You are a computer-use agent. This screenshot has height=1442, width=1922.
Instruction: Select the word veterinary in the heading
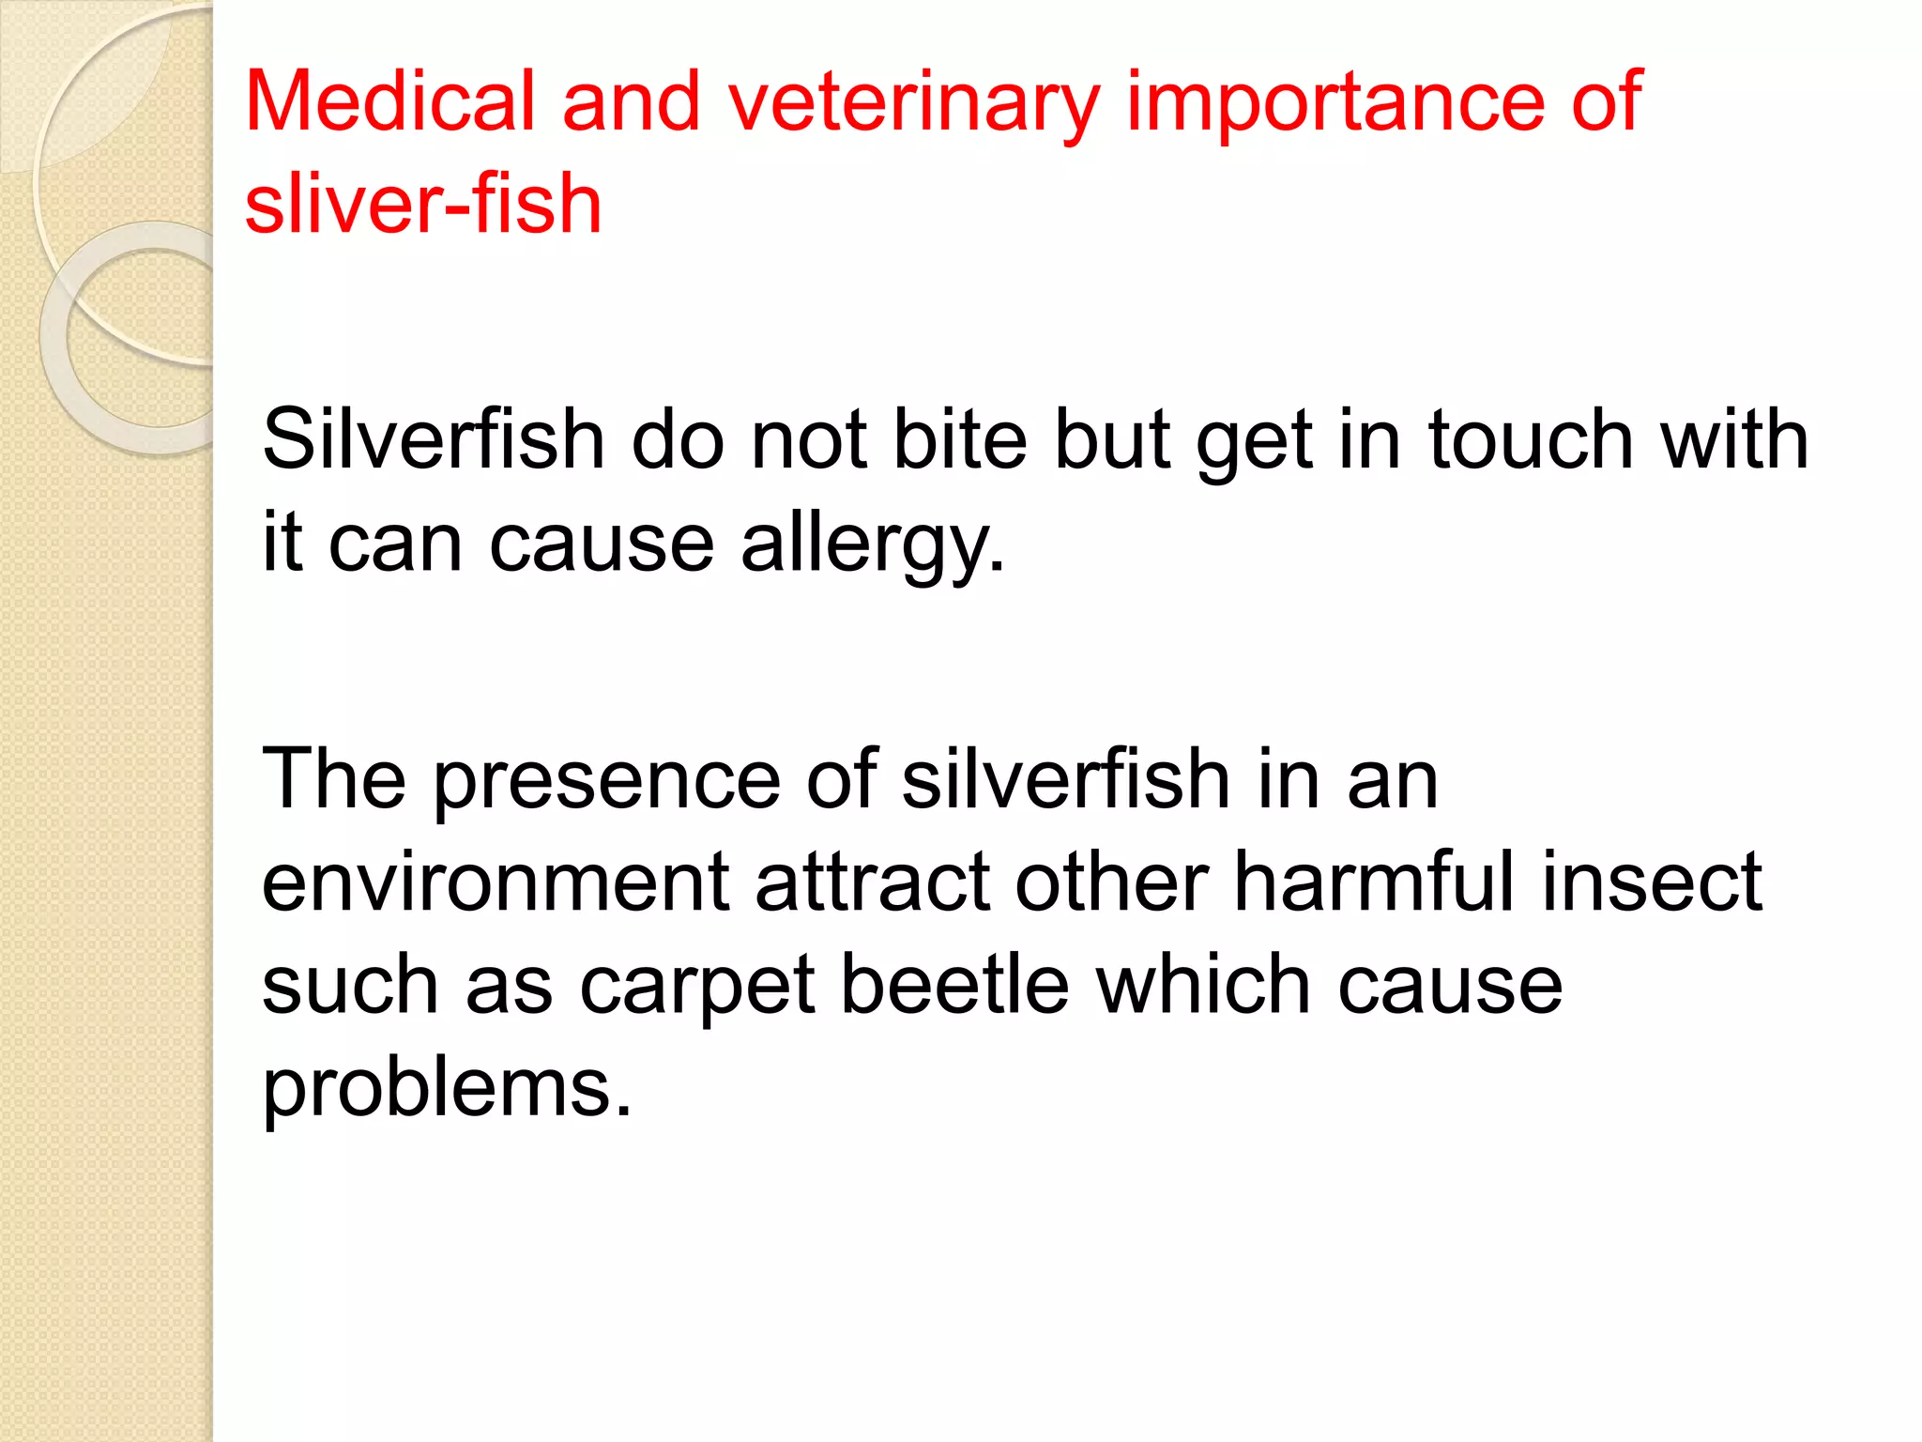[x=913, y=103]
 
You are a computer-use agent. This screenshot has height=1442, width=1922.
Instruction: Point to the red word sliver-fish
[x=423, y=204]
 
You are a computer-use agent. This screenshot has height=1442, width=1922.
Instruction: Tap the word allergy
[x=872, y=545]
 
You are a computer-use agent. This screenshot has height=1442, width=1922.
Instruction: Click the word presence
[x=606, y=781]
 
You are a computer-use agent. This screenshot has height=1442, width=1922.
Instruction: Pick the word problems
[x=447, y=1091]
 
